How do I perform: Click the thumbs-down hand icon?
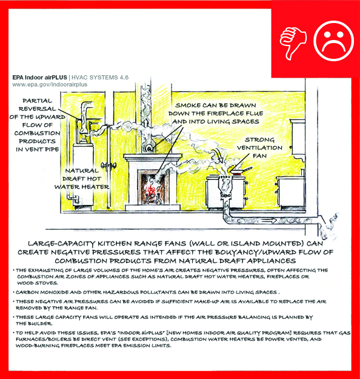point(293,43)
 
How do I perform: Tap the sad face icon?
point(334,41)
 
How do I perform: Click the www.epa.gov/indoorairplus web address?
point(50,85)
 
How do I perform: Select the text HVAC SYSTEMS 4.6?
point(100,78)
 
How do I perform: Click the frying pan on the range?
point(241,170)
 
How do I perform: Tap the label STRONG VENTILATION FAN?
point(259,148)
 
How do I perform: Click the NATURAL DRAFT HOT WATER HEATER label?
point(82,179)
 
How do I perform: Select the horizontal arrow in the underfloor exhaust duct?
point(268,221)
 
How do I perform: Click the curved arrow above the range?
point(218,155)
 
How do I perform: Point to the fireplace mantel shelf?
point(153,157)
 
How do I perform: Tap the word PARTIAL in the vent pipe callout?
point(37,101)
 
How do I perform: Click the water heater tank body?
point(84,174)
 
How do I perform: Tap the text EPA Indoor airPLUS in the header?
point(39,78)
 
